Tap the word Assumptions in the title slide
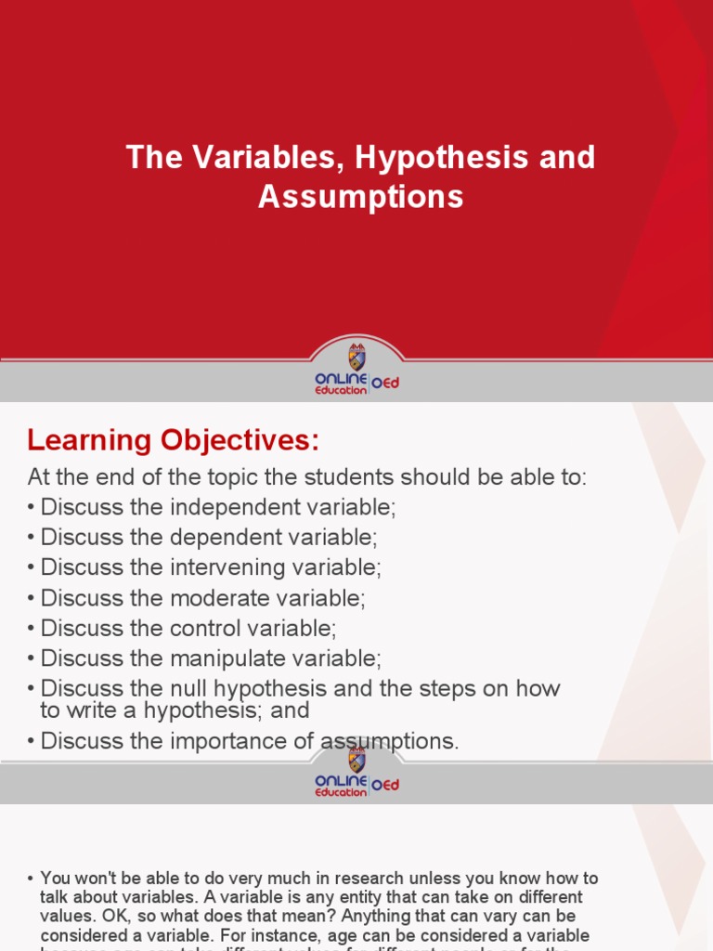point(360,197)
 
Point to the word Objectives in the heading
point(242,439)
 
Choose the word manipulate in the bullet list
point(223,658)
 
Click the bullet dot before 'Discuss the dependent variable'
point(32,539)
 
